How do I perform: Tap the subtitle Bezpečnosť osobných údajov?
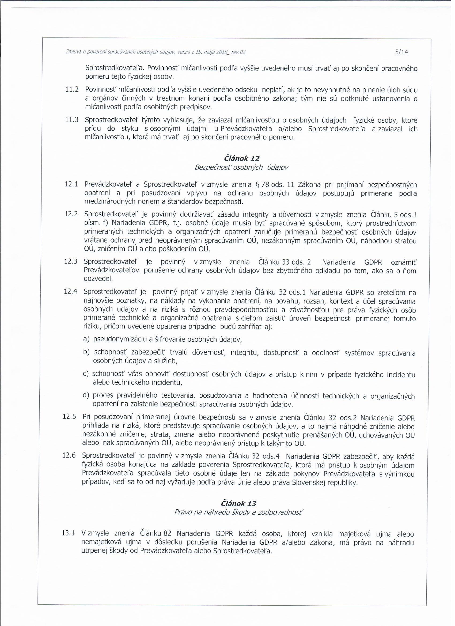241,168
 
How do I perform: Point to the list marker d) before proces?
86,395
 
